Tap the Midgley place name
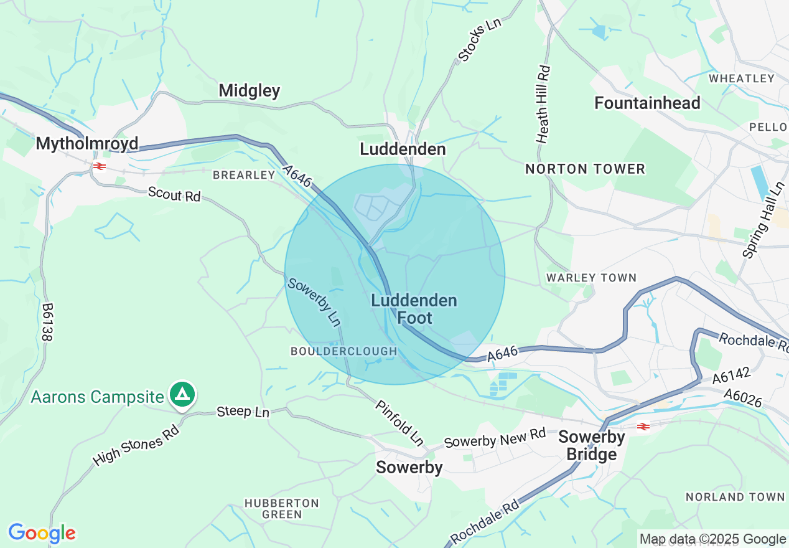coord(250,91)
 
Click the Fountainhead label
coord(647,103)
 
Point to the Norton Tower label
coord(585,169)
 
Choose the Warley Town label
coord(591,278)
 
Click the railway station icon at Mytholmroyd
coord(98,166)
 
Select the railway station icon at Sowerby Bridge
coord(643,427)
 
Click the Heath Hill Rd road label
coord(544,105)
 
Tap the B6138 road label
coord(47,322)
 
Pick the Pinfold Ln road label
coord(399,423)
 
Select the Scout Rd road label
coord(174,194)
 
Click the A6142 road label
coord(732,377)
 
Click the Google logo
coord(42,534)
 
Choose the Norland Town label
coord(735,497)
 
